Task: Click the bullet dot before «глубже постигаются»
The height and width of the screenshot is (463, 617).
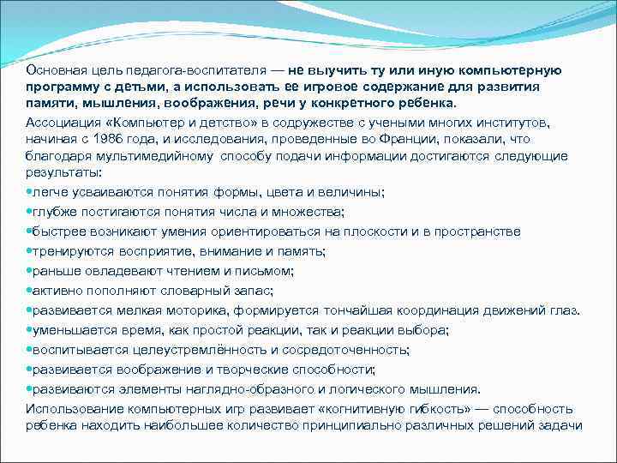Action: tap(29, 213)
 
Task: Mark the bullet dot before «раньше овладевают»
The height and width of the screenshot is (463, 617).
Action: tap(29, 271)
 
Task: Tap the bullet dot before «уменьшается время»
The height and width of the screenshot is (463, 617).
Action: tap(29, 329)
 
